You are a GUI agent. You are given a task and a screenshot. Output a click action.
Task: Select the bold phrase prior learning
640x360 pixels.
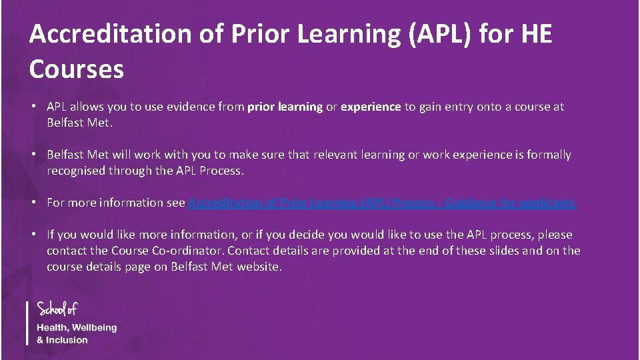[285, 107]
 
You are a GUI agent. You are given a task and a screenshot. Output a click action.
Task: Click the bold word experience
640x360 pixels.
[371, 107]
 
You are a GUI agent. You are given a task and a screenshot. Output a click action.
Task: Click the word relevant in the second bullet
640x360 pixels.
[335, 155]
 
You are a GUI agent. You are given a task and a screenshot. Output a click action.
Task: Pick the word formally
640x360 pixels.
[549, 155]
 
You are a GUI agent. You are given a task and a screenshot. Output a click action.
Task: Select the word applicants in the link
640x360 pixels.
[549, 203]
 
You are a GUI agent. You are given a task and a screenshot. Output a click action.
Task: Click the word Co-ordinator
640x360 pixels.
[186, 251]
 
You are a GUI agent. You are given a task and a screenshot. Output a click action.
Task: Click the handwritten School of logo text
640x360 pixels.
[57, 309]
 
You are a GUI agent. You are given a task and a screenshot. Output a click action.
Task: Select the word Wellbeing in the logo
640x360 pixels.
[94, 328]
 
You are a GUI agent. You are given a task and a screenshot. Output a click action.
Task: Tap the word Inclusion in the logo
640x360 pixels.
[67, 340]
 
